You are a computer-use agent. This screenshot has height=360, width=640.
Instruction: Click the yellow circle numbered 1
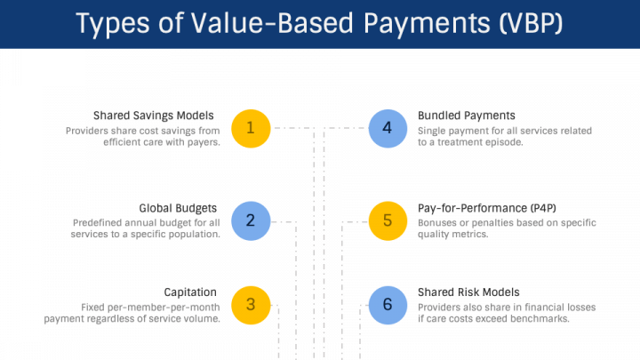pos(250,128)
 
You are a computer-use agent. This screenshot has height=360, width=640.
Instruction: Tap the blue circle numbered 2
pos(250,220)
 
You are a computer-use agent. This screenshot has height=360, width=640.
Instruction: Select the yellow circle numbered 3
pos(250,304)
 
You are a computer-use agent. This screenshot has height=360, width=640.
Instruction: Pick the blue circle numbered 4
pos(387,128)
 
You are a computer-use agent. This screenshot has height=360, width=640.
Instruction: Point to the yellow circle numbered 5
pos(387,220)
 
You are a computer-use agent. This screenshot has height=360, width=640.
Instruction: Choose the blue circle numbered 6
pos(387,304)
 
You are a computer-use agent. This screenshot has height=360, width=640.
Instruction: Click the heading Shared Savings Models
pos(156,116)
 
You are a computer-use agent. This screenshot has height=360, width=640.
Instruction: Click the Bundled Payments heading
pos(467,116)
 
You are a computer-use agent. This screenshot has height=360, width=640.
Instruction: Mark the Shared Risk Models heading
pos(468,292)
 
